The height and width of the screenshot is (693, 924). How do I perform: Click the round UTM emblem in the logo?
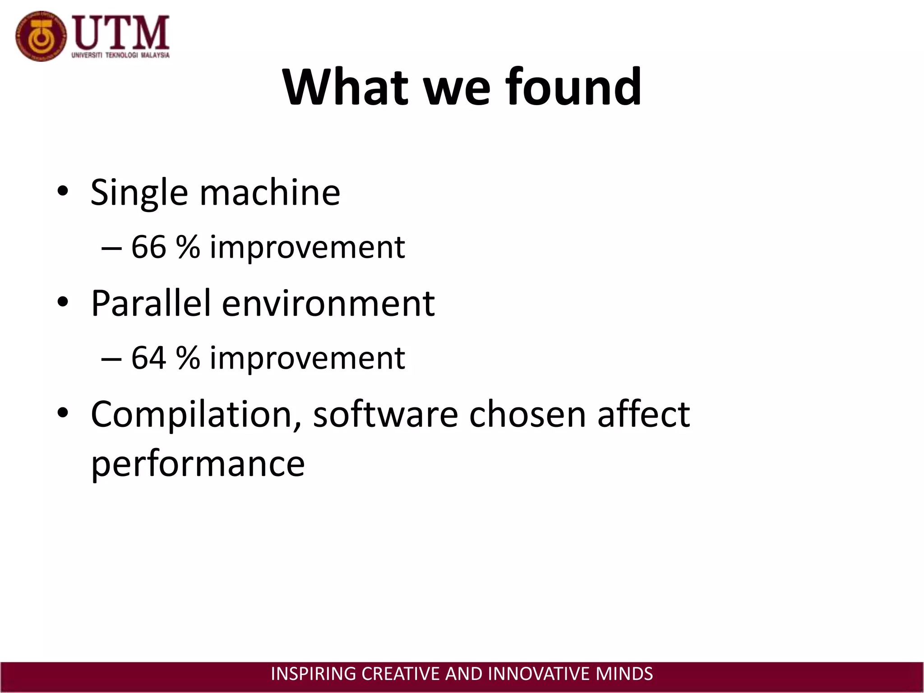[x=41, y=36]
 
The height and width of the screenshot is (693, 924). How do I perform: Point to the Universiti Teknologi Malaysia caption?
[x=120, y=55]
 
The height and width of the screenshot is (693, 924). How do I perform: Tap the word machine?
[x=270, y=192]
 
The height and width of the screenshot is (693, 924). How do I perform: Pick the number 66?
[x=148, y=247]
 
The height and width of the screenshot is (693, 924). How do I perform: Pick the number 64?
[x=148, y=358]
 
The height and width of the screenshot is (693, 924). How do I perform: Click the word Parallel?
[x=151, y=303]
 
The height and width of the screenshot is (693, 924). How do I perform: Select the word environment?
[x=328, y=304]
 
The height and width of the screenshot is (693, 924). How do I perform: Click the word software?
[x=385, y=414]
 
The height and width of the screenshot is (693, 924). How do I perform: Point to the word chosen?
[x=527, y=414]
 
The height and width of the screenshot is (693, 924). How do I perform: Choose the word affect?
[x=643, y=414]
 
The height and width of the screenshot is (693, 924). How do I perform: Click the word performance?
[x=198, y=464]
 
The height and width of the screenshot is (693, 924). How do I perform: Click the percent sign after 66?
[x=188, y=247]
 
